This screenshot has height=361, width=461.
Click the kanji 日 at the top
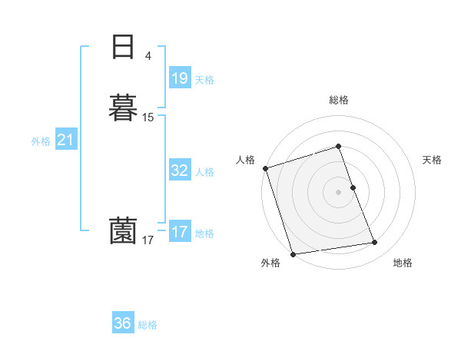pos(123,47)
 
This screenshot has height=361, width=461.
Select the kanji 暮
pos(123,107)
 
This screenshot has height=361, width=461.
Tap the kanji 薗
pos(123,230)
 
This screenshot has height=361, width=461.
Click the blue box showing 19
pos(180,78)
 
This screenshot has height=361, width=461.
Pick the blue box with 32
pos(180,171)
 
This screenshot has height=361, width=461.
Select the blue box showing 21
pos(65,141)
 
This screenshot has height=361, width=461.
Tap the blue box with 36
pos(123,323)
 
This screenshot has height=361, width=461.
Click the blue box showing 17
pos(180,232)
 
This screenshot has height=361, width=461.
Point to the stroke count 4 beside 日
pos(148,55)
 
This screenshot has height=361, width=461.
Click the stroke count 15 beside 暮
pos(148,118)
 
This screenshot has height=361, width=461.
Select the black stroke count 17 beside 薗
pos(148,240)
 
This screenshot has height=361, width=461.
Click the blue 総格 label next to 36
pos(148,325)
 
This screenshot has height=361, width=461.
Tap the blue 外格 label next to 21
pos(41,141)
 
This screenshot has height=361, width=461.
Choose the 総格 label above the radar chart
pos(339,100)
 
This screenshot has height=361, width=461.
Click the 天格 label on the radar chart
pos(433,160)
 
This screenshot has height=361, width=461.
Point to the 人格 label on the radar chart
pos(245,160)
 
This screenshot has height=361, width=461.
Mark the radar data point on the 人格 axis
pos(265,168)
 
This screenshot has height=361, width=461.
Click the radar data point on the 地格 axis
pos(375,243)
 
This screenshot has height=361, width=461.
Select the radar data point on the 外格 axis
pos(293,253)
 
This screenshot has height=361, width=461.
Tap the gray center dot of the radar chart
pos(339,192)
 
